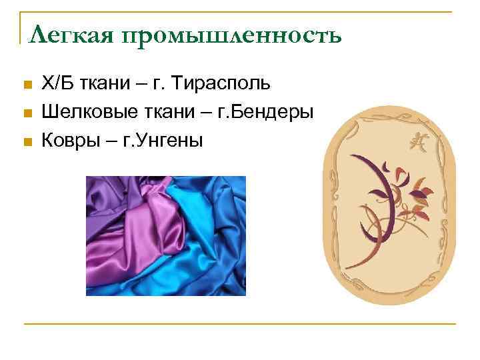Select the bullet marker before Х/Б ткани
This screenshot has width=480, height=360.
(27, 85)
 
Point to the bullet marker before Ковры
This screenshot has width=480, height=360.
(27, 141)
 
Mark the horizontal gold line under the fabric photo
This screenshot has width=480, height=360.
(240, 324)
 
